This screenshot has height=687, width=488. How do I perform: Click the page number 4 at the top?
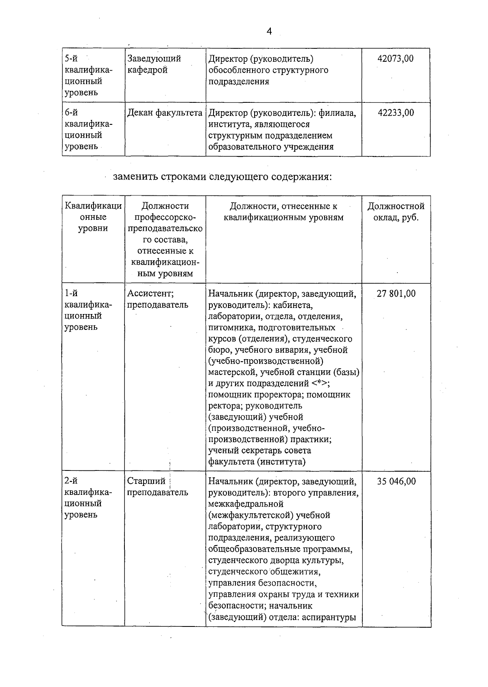pyautogui.click(x=269, y=32)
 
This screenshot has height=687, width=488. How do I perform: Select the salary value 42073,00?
pyautogui.click(x=395, y=59)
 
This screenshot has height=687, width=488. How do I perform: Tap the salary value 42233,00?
pyautogui.click(x=396, y=113)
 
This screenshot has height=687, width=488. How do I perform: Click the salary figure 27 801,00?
pyautogui.click(x=396, y=293)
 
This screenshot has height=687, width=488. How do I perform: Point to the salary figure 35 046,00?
pyautogui.click(x=396, y=481)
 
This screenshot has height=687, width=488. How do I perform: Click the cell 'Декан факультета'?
pyautogui.click(x=165, y=113)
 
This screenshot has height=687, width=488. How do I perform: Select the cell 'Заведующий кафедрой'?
pyautogui.click(x=154, y=64)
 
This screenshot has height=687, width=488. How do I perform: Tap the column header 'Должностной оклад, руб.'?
pyautogui.click(x=396, y=212)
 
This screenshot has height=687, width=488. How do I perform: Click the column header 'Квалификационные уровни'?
pyautogui.click(x=93, y=217)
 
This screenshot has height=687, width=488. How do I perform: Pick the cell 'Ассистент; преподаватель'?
pyautogui.click(x=157, y=299)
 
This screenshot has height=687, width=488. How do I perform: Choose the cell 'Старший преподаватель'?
pyautogui.click(x=157, y=487)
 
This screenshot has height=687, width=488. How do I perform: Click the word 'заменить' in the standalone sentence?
pyautogui.click(x=135, y=177)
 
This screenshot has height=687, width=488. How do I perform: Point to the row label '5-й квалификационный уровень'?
pyautogui.click(x=88, y=76)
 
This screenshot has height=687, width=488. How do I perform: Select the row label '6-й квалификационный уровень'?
pyautogui.click(x=88, y=130)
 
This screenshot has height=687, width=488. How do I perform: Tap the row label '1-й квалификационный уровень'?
pyautogui.click(x=88, y=310)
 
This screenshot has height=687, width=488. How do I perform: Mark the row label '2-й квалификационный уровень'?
pyautogui.click(x=88, y=498)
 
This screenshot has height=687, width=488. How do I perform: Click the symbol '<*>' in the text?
pyautogui.click(x=321, y=383)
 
